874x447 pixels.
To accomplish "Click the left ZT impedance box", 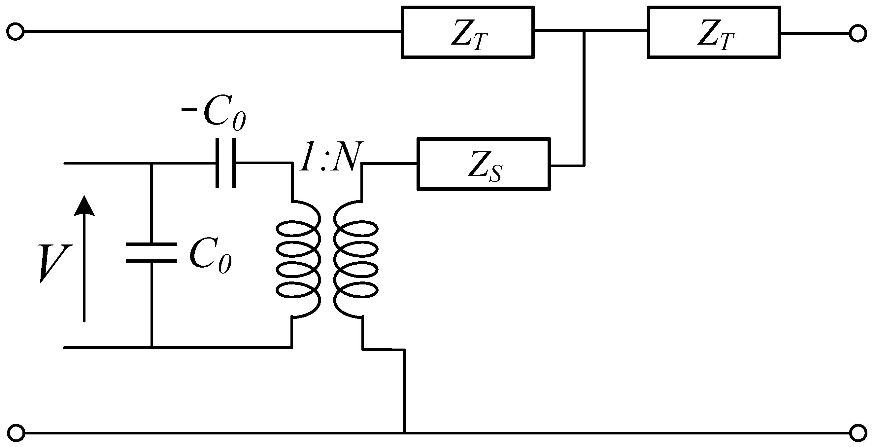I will point(468,32).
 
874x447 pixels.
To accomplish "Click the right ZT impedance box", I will point(714,32).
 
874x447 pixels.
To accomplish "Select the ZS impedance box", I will point(484,164).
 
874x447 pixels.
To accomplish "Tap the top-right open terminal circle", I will point(858,34).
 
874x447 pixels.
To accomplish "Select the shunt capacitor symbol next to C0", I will point(151,253).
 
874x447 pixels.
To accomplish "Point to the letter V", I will point(54,263).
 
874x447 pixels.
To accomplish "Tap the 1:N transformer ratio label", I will point(328,157).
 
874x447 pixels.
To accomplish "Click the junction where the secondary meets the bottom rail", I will point(404,433).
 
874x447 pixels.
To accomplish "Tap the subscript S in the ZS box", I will point(495,173).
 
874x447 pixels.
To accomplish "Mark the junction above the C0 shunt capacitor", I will point(151,164).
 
